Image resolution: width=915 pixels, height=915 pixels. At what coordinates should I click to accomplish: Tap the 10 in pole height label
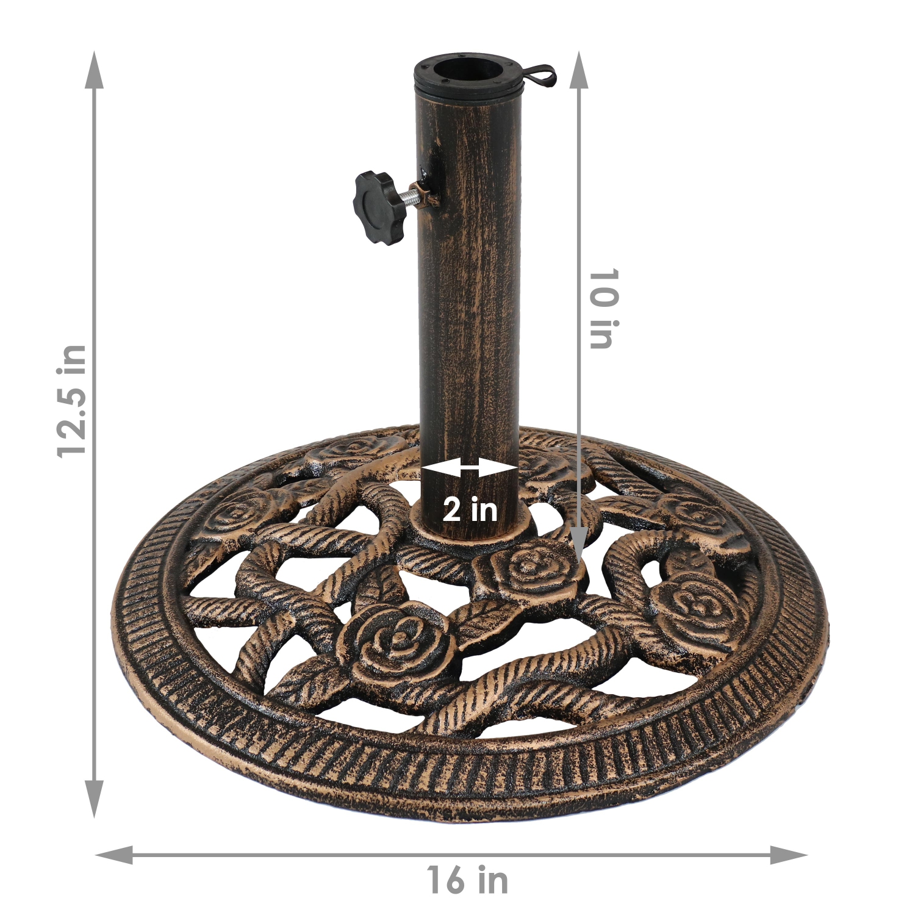pyautogui.click(x=604, y=309)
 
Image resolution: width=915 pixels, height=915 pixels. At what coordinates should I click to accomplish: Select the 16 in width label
pyautogui.click(x=467, y=880)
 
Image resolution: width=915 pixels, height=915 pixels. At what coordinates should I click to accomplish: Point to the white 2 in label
pyautogui.click(x=470, y=509)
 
